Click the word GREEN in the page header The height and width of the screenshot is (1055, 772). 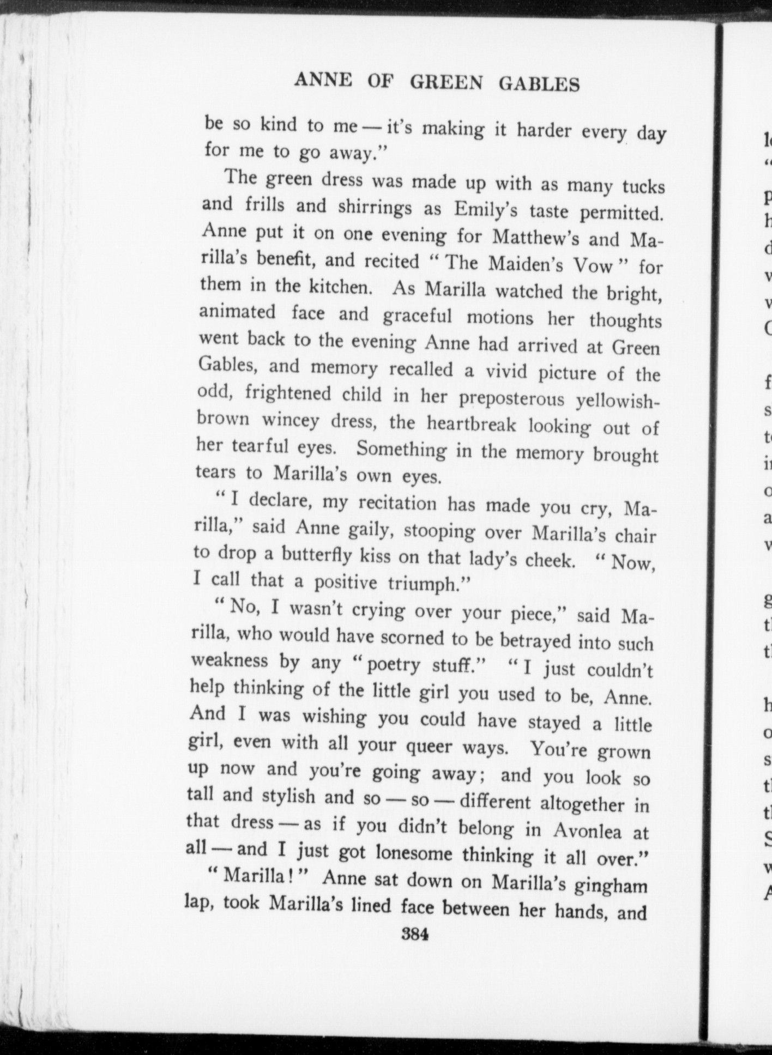[x=446, y=82]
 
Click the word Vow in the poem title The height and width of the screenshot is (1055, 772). [x=593, y=265]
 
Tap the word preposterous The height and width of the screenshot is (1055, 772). [x=511, y=398]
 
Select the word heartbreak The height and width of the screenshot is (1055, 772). [x=471, y=423]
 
